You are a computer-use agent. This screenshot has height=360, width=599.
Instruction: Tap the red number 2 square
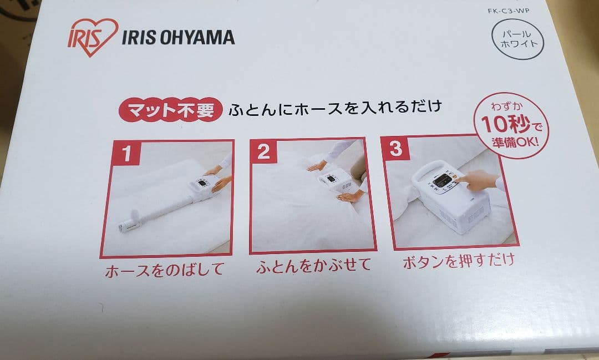[263, 151]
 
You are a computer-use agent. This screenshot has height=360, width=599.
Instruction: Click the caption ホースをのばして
[165, 270]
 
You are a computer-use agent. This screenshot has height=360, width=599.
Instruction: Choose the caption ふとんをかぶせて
[313, 265]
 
